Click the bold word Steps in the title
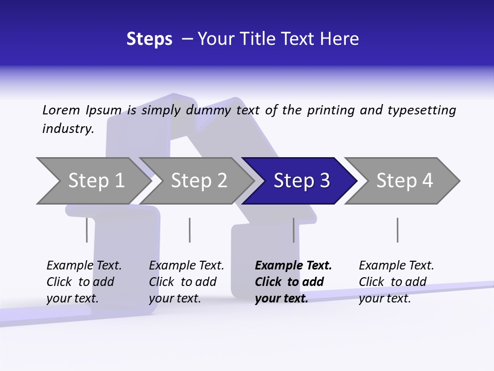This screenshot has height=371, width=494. [x=149, y=39]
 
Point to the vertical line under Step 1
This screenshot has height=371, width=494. [x=87, y=230]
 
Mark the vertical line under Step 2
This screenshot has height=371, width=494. [x=190, y=230]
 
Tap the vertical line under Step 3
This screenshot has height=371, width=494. [x=294, y=230]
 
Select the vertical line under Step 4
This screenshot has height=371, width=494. [x=397, y=230]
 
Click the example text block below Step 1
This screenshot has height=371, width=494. [x=84, y=282]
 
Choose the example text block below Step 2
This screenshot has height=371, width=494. [x=186, y=282]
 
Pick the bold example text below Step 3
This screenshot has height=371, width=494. [x=293, y=282]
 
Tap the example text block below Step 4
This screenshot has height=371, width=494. [x=396, y=282]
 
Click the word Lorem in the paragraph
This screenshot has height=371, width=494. [x=61, y=110]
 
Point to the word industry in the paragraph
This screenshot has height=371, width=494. [x=67, y=129]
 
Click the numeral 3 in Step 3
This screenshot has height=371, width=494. [x=324, y=180]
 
